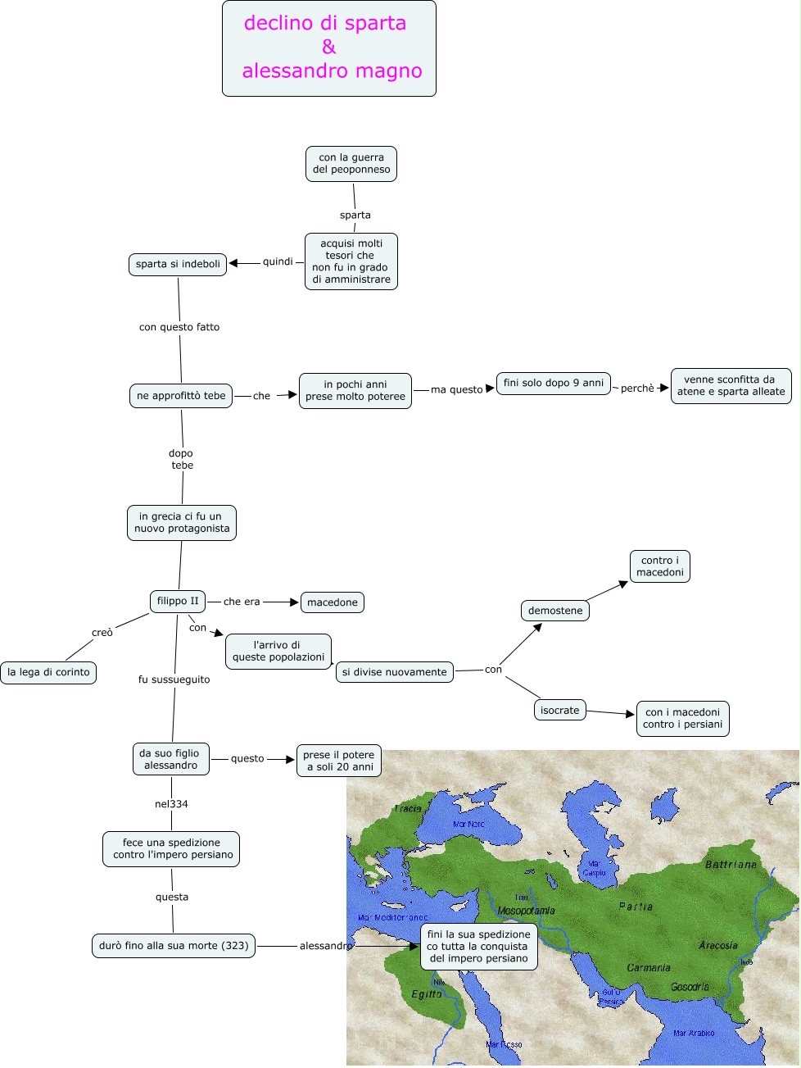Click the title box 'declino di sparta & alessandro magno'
pos(329,48)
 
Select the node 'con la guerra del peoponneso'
pos(351,164)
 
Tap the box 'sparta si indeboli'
pos(178,264)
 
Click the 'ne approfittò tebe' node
pos(181,396)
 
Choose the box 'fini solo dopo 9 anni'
pos(554,383)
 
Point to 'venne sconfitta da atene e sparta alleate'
pos(731,386)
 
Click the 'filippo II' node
pos(178,601)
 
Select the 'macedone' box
pos(333,602)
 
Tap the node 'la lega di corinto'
pos(48,672)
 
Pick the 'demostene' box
pos(555,611)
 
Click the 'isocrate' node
pos(560,711)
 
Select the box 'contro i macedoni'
pos(660,566)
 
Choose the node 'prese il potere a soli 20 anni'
pos(338,761)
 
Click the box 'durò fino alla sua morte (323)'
pos(174,946)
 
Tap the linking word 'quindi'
pos(278,261)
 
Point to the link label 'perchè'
pos(637,389)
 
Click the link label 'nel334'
pos(171,804)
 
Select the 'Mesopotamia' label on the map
pos(527,911)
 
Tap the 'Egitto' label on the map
pos(427,994)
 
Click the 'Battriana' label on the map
pos(731,865)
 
